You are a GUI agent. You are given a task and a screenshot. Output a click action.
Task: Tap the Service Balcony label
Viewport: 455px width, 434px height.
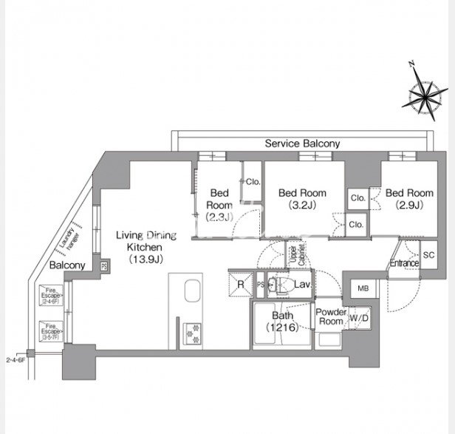[x=302, y=143]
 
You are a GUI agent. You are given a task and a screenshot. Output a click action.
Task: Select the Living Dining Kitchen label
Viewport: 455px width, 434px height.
[x=146, y=241]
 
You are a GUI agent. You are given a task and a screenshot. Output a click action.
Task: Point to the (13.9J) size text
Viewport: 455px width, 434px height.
[x=145, y=259]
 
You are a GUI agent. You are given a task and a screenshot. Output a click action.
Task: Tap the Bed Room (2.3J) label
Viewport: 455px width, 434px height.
[x=219, y=204]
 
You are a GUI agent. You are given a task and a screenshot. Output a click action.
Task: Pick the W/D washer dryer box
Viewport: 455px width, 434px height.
[x=360, y=319]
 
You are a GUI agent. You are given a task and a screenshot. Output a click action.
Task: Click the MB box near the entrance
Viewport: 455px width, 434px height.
[x=363, y=288]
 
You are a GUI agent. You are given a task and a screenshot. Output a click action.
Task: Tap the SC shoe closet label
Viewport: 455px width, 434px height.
[x=429, y=254]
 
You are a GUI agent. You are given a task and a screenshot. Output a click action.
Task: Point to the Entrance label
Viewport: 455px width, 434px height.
[x=404, y=263]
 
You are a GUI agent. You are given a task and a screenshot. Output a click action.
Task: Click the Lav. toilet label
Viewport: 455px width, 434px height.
[x=301, y=284]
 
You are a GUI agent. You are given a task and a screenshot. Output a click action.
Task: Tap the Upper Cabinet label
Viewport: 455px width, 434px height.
[x=297, y=256]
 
